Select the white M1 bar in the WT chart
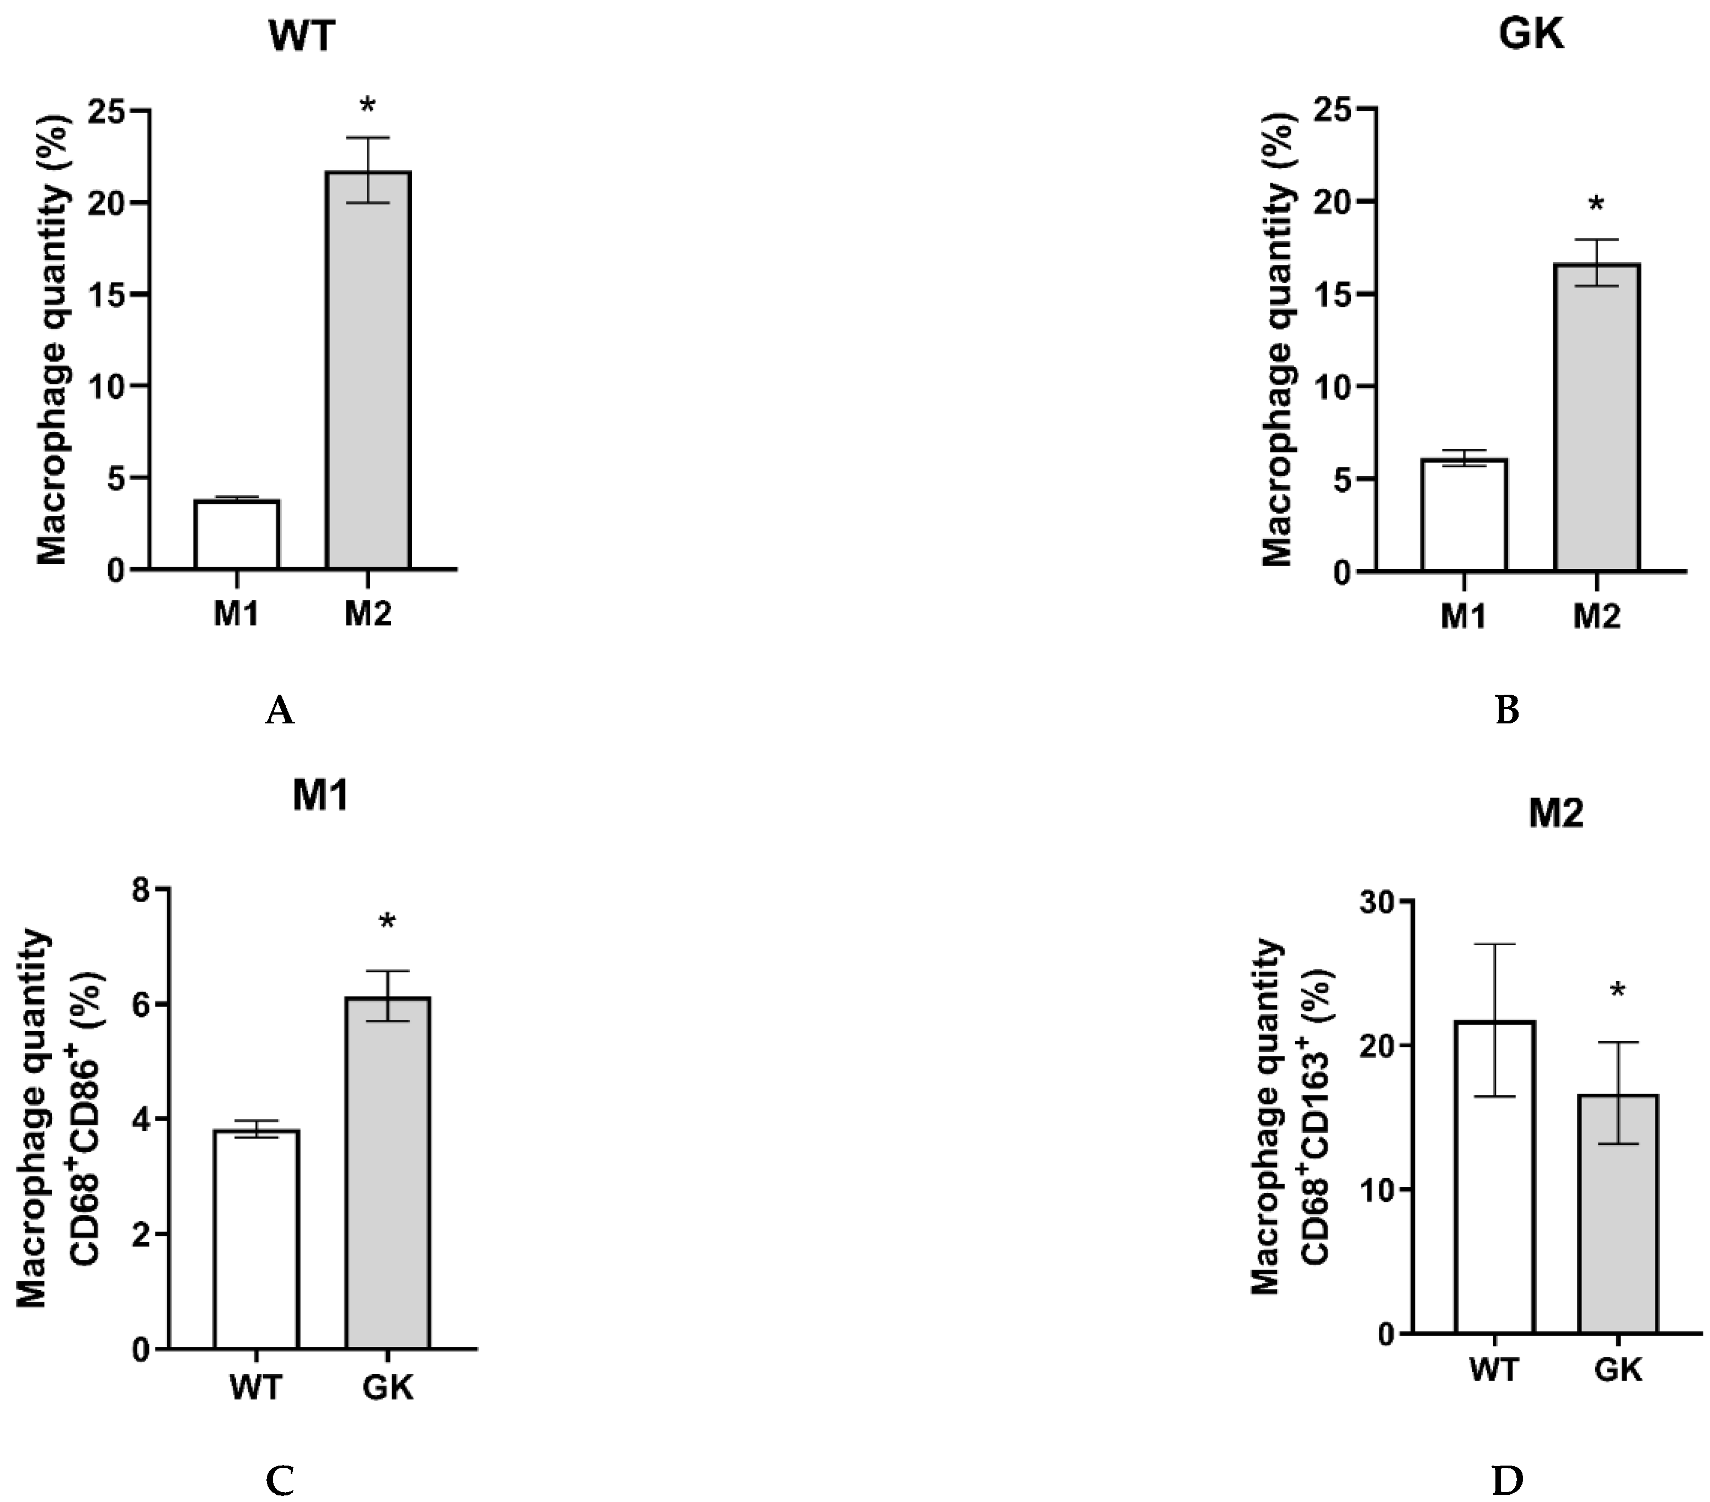tap(237, 536)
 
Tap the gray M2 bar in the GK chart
tap(1596, 418)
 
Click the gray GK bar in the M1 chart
tap(388, 1171)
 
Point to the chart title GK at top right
tap(1531, 36)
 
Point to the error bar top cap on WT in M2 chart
tap(1494, 944)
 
